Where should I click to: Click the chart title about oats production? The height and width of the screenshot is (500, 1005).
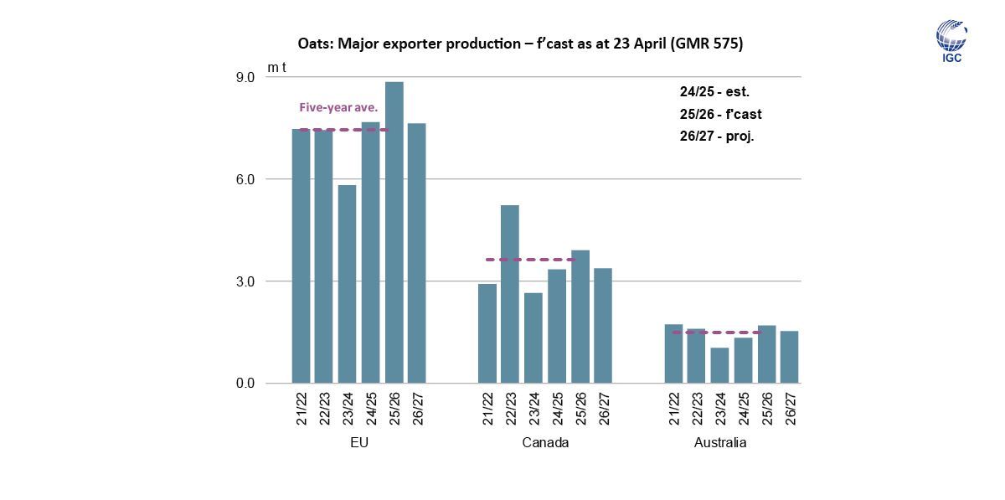(520, 44)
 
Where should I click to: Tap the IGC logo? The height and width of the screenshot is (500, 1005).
(951, 42)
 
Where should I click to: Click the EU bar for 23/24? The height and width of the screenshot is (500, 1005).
(347, 284)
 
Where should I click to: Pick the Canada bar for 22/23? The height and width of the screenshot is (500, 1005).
(510, 294)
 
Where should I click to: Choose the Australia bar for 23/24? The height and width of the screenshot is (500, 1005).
(719, 365)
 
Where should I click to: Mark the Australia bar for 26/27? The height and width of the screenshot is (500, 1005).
(789, 357)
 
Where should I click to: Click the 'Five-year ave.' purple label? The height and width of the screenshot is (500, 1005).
(338, 108)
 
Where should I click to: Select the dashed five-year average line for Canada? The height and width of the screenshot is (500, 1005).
(531, 260)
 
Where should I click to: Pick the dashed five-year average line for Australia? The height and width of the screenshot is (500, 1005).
(717, 332)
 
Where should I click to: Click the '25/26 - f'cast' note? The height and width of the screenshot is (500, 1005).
(720, 114)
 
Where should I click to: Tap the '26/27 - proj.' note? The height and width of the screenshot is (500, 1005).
(717, 136)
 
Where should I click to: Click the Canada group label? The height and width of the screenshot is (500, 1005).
(545, 442)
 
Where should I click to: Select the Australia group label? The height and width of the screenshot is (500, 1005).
(720, 442)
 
